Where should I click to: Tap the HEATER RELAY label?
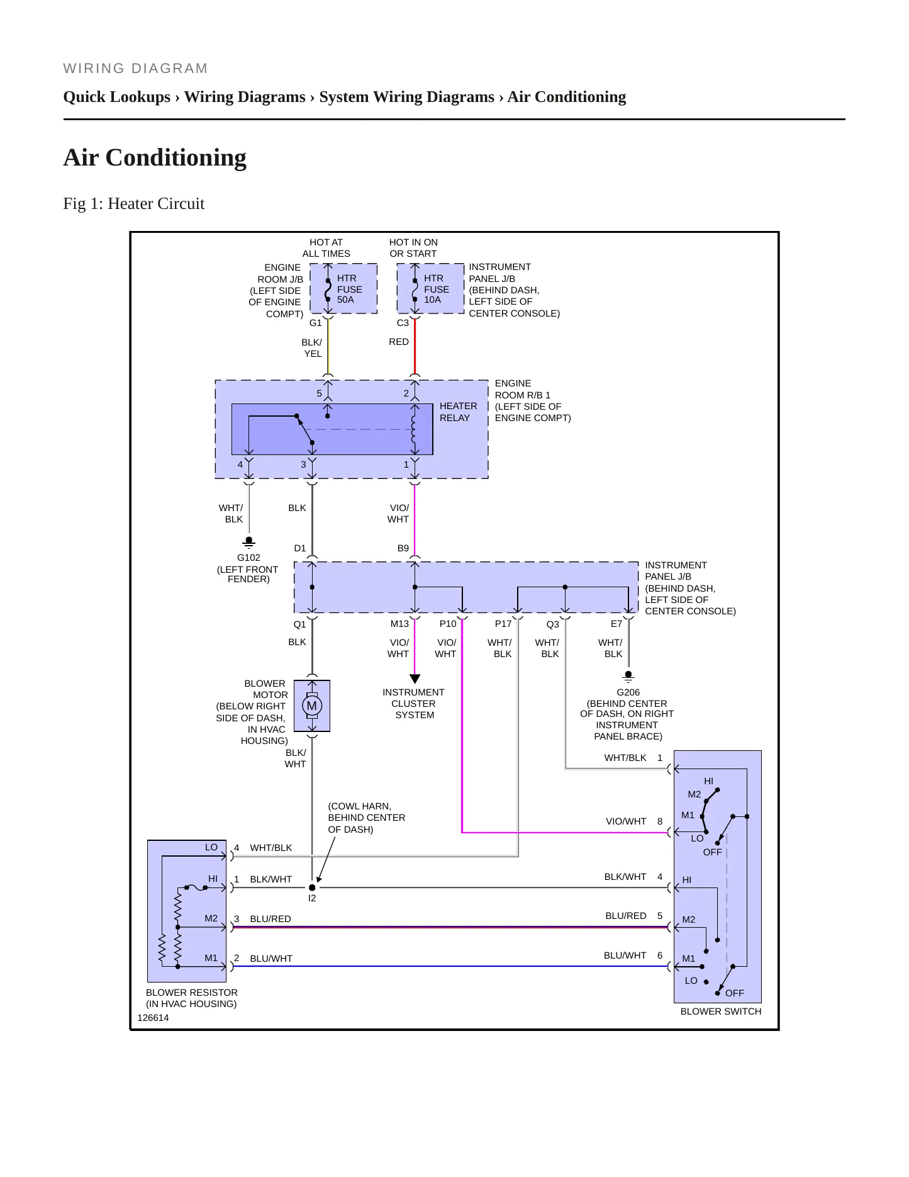point(458,412)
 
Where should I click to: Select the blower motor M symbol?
point(312,706)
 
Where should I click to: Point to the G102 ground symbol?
point(249,542)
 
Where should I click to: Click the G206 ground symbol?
point(628,677)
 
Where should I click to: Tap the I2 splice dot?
point(312,887)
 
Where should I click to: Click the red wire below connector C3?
point(415,346)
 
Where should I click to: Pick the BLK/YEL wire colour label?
point(312,348)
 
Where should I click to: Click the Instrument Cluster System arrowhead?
point(415,679)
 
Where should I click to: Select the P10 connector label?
point(448,624)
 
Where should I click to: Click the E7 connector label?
point(616,624)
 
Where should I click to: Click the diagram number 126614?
point(153,1018)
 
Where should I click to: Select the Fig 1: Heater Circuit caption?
point(134,203)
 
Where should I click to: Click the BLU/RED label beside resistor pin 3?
point(270,919)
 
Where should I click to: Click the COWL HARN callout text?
point(367,818)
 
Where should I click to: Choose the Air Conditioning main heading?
point(155,157)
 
